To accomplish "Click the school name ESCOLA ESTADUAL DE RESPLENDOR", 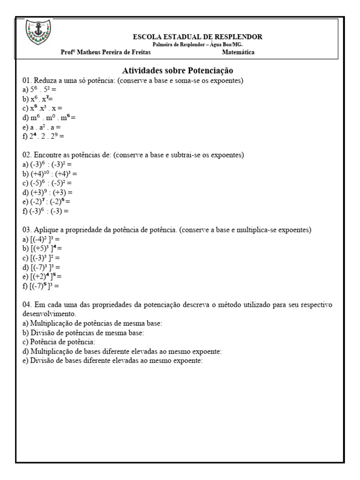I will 198,37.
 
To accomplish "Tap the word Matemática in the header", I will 238,52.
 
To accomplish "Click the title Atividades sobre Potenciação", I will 178,71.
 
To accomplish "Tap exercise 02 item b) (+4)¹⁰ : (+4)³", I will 49,173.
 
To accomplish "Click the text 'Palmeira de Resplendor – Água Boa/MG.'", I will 197,44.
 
